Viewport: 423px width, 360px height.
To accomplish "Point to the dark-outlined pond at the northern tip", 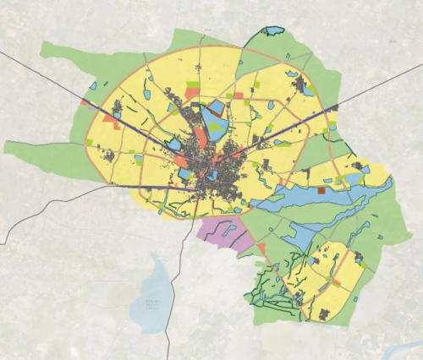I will coord(273,31).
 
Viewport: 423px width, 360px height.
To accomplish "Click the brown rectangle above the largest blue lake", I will coord(321,192).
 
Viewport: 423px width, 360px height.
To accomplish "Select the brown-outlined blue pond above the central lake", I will coord(215,108).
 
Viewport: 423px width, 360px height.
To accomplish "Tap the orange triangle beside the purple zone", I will coord(261,248).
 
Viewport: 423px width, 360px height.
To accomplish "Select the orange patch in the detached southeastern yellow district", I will coord(337,282).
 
